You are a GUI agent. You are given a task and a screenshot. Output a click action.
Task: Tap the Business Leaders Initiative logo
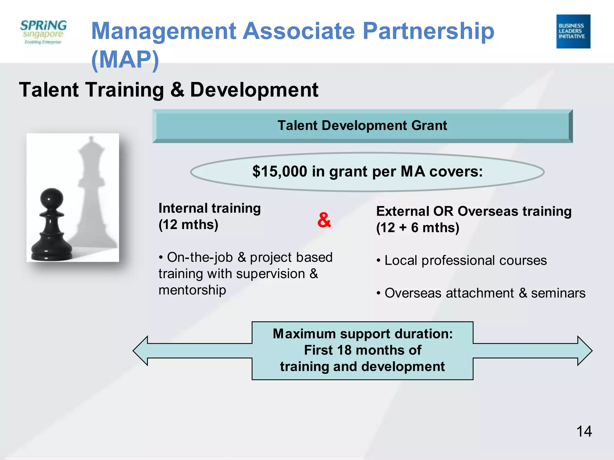tap(573, 31)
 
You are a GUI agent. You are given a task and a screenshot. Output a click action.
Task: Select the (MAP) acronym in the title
tap(125, 60)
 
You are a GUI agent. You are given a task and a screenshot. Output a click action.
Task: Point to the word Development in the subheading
tap(254, 90)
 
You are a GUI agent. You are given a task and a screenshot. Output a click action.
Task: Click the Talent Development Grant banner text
tap(362, 125)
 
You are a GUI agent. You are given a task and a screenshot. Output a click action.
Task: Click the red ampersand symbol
tap(324, 220)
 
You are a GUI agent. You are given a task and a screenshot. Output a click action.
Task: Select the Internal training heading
tap(210, 208)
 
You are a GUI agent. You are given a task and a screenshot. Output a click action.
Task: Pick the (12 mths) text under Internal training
tap(188, 225)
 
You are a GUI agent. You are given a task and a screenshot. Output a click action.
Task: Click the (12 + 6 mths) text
tap(418, 228)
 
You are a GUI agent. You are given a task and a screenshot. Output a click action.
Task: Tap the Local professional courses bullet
tap(465, 261)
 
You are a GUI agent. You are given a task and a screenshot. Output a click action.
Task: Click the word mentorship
tap(192, 290)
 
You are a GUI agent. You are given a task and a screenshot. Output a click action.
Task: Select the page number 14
tap(584, 432)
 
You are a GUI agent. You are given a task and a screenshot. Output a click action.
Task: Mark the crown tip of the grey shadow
tap(91, 138)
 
